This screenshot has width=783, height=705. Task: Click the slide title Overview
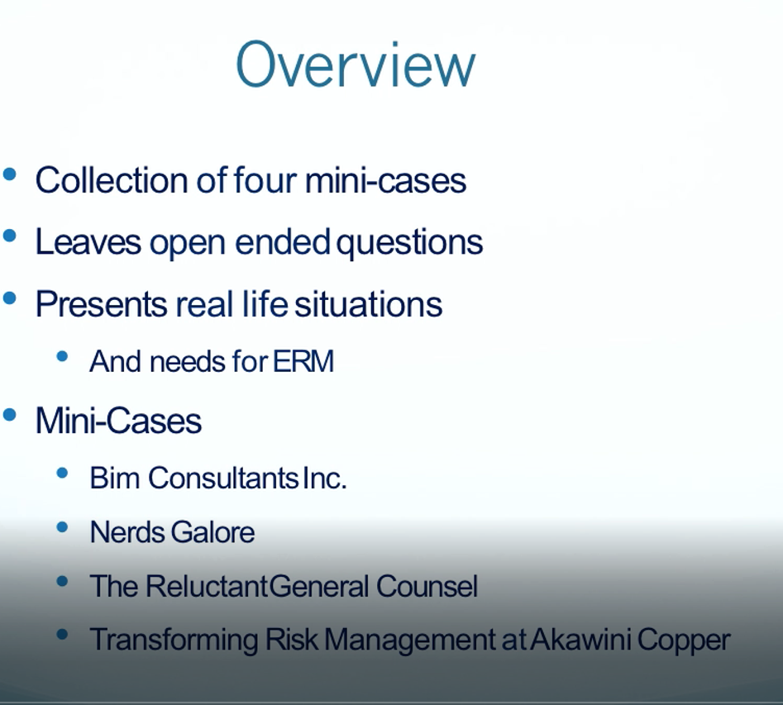coord(356,65)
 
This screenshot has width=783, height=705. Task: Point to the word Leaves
coord(88,242)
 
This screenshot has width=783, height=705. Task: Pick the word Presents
coord(102,304)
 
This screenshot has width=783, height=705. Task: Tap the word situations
coord(369,304)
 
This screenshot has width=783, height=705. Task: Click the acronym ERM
coord(303,361)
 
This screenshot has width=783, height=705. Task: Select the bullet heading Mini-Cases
coord(119,421)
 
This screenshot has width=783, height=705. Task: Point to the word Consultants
coord(223,478)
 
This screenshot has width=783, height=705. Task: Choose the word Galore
coord(212,531)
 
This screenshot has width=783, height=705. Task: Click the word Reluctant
coord(208,586)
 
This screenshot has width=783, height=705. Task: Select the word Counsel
coord(427,586)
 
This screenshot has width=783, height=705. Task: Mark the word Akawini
coord(580,640)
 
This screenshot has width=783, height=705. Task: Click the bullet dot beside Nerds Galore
coord(62,527)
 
